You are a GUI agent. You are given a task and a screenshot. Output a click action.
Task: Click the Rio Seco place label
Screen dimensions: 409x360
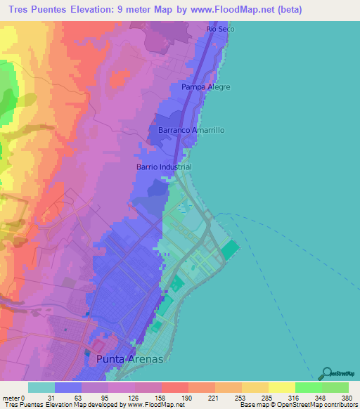pos(220,29)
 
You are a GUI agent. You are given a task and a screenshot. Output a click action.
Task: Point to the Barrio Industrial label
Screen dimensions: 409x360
pos(163,167)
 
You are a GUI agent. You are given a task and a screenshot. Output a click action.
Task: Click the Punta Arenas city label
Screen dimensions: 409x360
pos(128,358)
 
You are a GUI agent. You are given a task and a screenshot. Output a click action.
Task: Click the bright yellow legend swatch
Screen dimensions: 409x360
pos(281,387)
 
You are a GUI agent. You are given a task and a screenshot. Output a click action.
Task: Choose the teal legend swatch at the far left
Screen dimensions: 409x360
pos(41,387)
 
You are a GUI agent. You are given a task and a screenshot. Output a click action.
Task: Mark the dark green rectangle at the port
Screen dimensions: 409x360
pos(229,250)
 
